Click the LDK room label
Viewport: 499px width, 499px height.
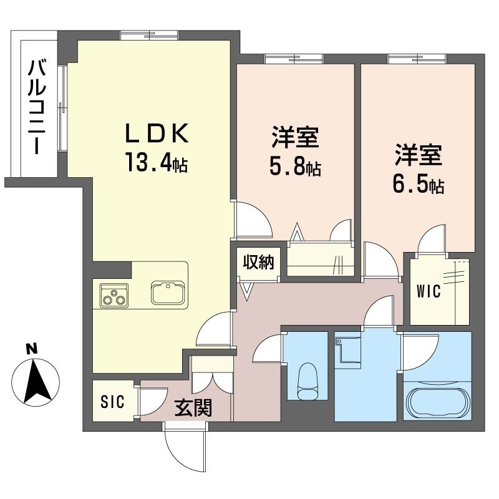(x=157, y=133)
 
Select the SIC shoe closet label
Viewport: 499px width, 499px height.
(x=113, y=400)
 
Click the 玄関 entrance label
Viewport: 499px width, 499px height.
(x=193, y=408)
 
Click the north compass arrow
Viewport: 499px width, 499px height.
(x=36, y=380)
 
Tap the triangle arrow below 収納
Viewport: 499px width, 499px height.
(x=247, y=290)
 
